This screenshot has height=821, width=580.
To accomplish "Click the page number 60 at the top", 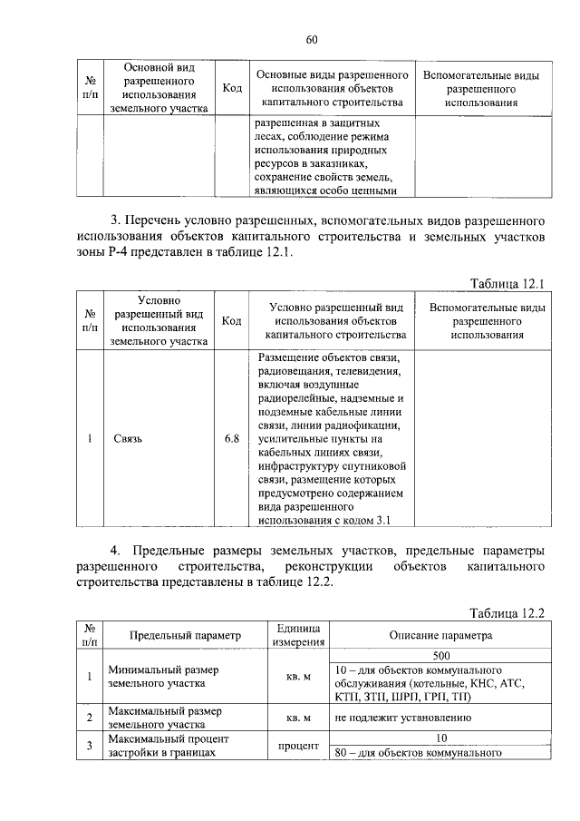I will point(312,39).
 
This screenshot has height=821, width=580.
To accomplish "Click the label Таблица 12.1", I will point(507,284).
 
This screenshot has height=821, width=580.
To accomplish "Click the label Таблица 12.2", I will point(507,613).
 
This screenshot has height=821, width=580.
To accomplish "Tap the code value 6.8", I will point(231,439).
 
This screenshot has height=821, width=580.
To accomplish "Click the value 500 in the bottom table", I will point(441,655).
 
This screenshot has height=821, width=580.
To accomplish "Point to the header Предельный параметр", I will point(173,636).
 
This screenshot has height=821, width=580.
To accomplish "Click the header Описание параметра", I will point(440,636).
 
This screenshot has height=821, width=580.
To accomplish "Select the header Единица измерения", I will point(298,635).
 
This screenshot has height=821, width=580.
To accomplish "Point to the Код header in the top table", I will point(231,88).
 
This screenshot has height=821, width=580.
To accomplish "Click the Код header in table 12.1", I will point(231,321).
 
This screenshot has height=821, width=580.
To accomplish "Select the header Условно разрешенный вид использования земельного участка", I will point(159,321).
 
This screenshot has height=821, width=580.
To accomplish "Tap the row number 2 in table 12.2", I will point(90,718).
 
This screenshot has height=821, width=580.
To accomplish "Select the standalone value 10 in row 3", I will point(441,738).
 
